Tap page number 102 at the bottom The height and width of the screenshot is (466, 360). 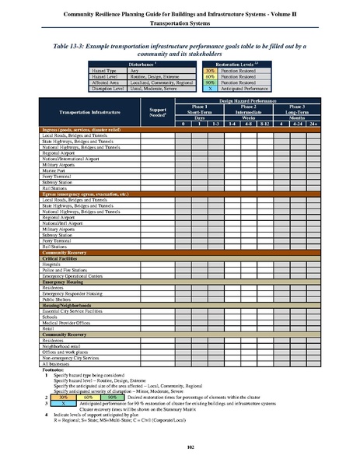(180, 446)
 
